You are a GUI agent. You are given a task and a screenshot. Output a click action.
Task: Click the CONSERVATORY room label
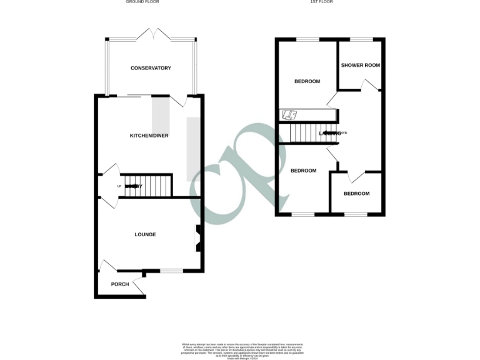pos(151,68)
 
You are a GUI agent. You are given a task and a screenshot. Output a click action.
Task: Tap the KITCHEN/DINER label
pos(149,136)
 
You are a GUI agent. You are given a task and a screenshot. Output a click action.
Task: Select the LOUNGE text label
pos(145,234)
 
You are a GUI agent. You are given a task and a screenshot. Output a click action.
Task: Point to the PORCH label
pos(119,284)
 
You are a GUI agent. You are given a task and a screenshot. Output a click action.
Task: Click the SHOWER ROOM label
pos(360,65)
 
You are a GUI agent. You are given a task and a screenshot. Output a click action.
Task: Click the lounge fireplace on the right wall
pos(199,238)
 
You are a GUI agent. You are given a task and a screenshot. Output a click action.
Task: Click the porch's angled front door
pos(139,287)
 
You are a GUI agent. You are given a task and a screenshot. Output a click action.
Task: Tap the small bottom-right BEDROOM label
pos(356,194)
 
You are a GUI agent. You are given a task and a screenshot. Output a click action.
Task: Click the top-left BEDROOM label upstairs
pos(307,81)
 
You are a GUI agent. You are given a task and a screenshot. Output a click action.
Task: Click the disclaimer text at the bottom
pos(240,350)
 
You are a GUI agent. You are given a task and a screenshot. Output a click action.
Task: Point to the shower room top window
pos(361,39)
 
